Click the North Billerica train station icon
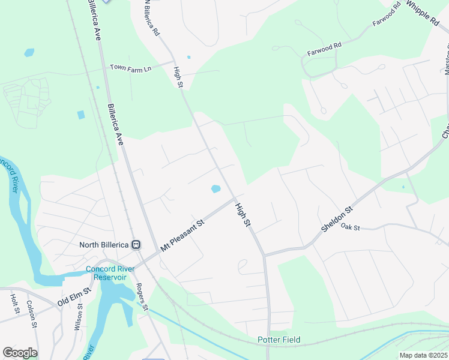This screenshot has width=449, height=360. [136, 244]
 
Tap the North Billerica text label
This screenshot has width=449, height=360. [104, 245]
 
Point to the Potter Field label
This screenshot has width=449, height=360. [279, 340]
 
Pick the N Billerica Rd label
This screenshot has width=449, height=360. [151, 17]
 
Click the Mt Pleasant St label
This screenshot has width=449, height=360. [182, 235]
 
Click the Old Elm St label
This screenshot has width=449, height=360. [74, 296]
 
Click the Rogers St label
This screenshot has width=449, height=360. [142, 294]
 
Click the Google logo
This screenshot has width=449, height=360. [20, 353]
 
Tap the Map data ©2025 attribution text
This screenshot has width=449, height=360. [423, 355]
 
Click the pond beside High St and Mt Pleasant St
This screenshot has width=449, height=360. [215, 190]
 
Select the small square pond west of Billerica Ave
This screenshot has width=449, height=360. [81, 115]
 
